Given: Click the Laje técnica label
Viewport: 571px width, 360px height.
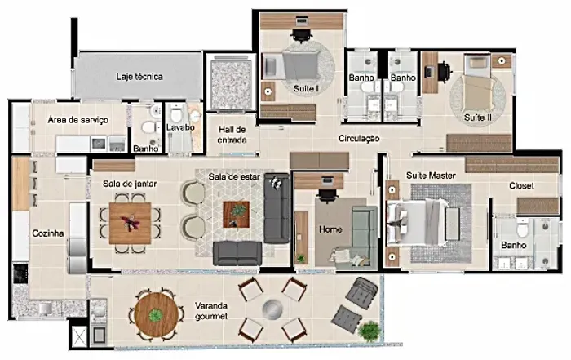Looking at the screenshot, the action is click(139, 77).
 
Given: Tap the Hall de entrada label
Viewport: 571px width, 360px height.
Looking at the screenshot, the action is click(232, 135).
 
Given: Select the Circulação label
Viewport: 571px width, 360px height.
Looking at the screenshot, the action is click(359, 139).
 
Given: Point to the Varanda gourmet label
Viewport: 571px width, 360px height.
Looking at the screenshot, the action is click(211, 311).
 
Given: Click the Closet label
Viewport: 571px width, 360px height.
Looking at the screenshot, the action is click(521, 185).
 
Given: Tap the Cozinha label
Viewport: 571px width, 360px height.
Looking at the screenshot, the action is click(48, 233).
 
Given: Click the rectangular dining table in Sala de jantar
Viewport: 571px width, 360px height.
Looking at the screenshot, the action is click(130, 223).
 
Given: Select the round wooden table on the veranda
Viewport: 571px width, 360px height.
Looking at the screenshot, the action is click(157, 314).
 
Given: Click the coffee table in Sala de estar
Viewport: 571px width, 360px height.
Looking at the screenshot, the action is click(236, 214).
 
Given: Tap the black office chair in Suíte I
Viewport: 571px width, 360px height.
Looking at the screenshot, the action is click(302, 33).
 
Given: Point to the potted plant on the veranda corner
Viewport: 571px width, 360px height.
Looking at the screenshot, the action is click(370, 331).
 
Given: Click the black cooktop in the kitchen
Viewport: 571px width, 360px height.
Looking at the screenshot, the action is click(20, 274).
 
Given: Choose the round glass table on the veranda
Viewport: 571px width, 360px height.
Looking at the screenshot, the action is click(272, 309).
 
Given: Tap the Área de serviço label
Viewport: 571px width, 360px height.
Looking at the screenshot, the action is click(78, 120).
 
